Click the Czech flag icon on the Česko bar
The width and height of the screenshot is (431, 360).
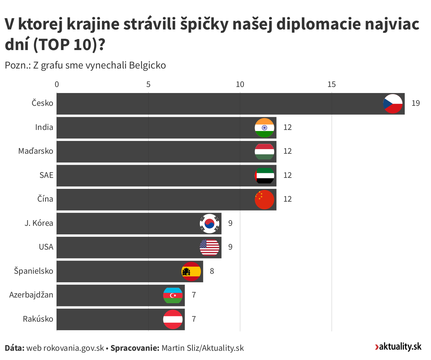tap(393, 104)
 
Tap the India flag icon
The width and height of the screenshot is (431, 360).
tap(264, 128)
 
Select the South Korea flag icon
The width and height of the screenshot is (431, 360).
tap(209, 223)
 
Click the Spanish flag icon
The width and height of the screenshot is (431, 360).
tap(191, 272)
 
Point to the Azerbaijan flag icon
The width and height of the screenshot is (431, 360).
tap(173, 295)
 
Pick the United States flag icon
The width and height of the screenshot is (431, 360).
tap(209, 247)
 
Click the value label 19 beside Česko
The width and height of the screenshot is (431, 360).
tap(416, 103)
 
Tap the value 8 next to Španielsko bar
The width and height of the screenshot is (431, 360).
tap(212, 271)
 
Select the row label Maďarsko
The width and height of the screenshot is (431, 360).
tap(36, 151)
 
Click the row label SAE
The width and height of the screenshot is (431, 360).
tap(46, 175)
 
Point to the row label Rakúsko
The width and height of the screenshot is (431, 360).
tap(38, 319)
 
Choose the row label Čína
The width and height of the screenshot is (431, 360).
tap(45, 199)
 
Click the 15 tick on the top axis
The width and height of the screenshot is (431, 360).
tap(331, 84)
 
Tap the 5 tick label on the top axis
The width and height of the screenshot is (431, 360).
tap(148, 84)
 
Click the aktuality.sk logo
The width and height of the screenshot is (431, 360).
tap(398, 347)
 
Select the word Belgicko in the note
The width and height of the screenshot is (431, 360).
tap(147, 65)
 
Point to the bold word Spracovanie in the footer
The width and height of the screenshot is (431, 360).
tap(135, 348)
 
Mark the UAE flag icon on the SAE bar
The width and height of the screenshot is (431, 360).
tap(264, 176)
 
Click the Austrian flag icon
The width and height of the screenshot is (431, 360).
tap(173, 319)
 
